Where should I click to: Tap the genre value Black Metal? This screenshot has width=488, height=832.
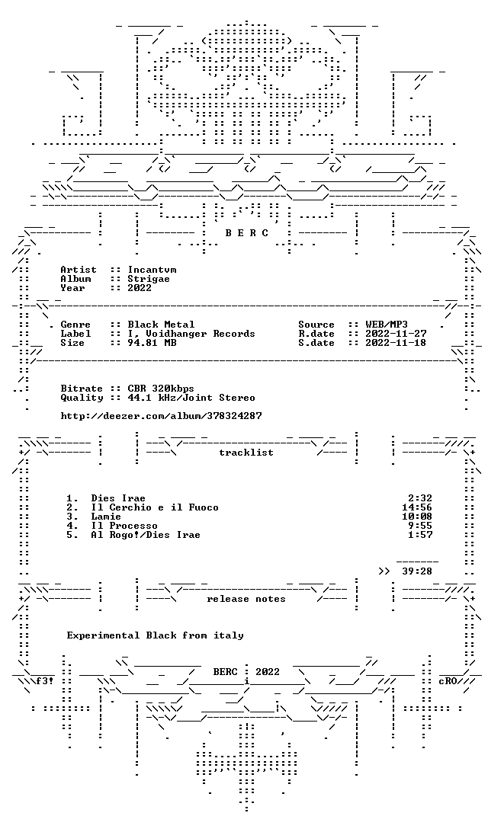[161, 325]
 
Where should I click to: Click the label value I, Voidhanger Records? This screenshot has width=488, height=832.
[191, 334]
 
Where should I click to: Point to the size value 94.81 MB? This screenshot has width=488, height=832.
[152, 343]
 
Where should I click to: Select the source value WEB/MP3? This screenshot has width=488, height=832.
[387, 325]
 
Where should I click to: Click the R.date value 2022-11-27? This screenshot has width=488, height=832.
[396, 334]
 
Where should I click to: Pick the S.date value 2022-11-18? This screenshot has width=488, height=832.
[396, 343]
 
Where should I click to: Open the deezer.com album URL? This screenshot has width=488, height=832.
[161, 416]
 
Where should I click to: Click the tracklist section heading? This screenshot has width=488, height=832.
[246, 453]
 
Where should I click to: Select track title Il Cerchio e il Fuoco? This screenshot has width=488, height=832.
[155, 507]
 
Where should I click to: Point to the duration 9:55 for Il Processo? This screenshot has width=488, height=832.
[420, 526]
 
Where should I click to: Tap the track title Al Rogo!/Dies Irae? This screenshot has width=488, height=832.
[146, 535]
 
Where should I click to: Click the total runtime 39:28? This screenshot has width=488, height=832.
[417, 571]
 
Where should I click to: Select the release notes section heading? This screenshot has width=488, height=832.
[246, 599]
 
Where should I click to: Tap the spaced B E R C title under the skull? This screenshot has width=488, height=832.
[246, 233]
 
